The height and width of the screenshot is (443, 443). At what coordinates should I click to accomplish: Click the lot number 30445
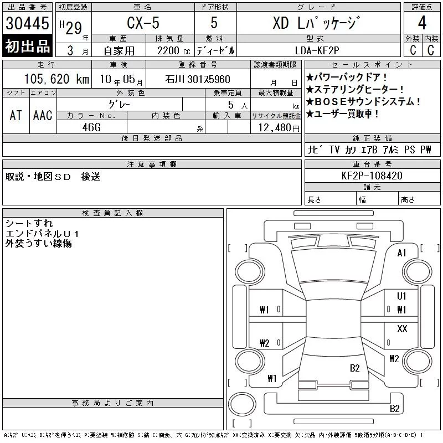tap(27, 23)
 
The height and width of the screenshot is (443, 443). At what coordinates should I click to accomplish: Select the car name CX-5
tap(143, 23)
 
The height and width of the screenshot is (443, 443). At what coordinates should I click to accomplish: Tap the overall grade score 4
tap(422, 23)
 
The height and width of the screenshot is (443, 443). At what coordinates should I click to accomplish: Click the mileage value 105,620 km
tap(57, 79)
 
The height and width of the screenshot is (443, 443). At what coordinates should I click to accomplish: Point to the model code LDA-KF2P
tap(317, 50)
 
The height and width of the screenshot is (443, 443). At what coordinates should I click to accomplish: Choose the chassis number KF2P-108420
tap(372, 176)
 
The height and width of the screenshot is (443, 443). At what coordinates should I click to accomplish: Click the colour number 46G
tap(91, 127)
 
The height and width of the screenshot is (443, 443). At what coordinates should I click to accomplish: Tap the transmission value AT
tap(16, 115)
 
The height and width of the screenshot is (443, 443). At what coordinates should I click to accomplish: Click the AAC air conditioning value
tap(43, 115)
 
